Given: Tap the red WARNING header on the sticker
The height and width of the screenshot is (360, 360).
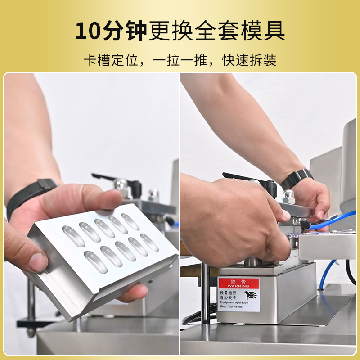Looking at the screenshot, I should [238, 283].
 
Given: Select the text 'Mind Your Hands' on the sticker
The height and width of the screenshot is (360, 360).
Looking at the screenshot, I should [232, 306].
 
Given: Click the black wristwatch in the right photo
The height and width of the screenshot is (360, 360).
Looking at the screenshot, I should [297, 178].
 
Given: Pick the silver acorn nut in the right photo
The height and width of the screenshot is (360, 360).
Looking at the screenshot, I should [288, 196].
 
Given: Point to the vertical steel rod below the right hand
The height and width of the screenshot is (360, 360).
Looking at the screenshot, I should [205, 292].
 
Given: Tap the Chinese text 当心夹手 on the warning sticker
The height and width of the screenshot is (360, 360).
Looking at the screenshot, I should [229, 297].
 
